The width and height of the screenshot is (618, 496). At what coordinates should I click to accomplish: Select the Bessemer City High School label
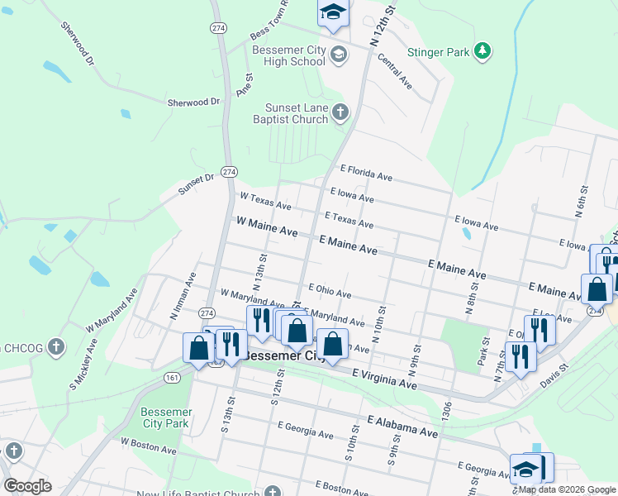tap(288, 55)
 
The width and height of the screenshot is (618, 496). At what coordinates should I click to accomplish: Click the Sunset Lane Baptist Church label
tap(296, 114)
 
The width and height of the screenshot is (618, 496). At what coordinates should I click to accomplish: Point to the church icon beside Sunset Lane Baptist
tap(340, 112)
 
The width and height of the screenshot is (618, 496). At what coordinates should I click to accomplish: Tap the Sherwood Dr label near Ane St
tap(194, 103)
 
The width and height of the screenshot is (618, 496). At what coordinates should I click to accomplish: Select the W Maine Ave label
tap(266, 228)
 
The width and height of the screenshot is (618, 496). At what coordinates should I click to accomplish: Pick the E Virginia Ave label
tap(384, 379)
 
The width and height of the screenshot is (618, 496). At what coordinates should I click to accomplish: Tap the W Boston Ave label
tap(149, 447)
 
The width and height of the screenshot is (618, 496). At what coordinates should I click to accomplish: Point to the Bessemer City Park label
tap(166, 417)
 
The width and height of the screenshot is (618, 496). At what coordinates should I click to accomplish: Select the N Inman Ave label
tap(182, 298)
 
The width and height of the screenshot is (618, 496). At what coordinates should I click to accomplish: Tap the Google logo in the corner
tap(27, 486)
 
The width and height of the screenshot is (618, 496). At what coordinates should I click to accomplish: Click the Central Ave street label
tap(394, 70)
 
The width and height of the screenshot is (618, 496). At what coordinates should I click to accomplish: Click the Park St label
tap(485, 351)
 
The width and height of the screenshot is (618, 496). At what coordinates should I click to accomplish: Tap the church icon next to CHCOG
tap(55, 346)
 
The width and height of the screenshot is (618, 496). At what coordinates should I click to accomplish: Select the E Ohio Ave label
tap(330, 290)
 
